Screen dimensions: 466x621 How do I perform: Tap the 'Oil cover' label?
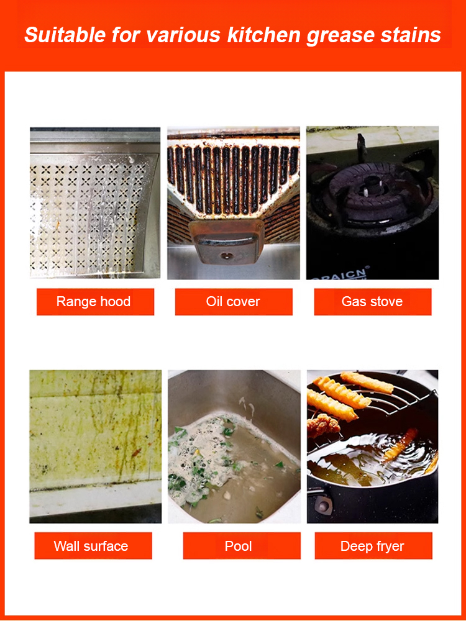(x=234, y=302)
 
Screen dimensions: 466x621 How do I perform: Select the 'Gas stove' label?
(x=372, y=302)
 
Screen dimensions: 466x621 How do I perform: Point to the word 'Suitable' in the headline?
(x=66, y=35)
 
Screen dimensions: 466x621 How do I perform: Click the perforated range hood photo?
(x=95, y=202)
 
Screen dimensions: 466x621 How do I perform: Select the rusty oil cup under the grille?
(x=226, y=242)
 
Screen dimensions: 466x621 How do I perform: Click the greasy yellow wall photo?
(x=96, y=446)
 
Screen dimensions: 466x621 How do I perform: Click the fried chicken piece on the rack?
(x=323, y=425)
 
